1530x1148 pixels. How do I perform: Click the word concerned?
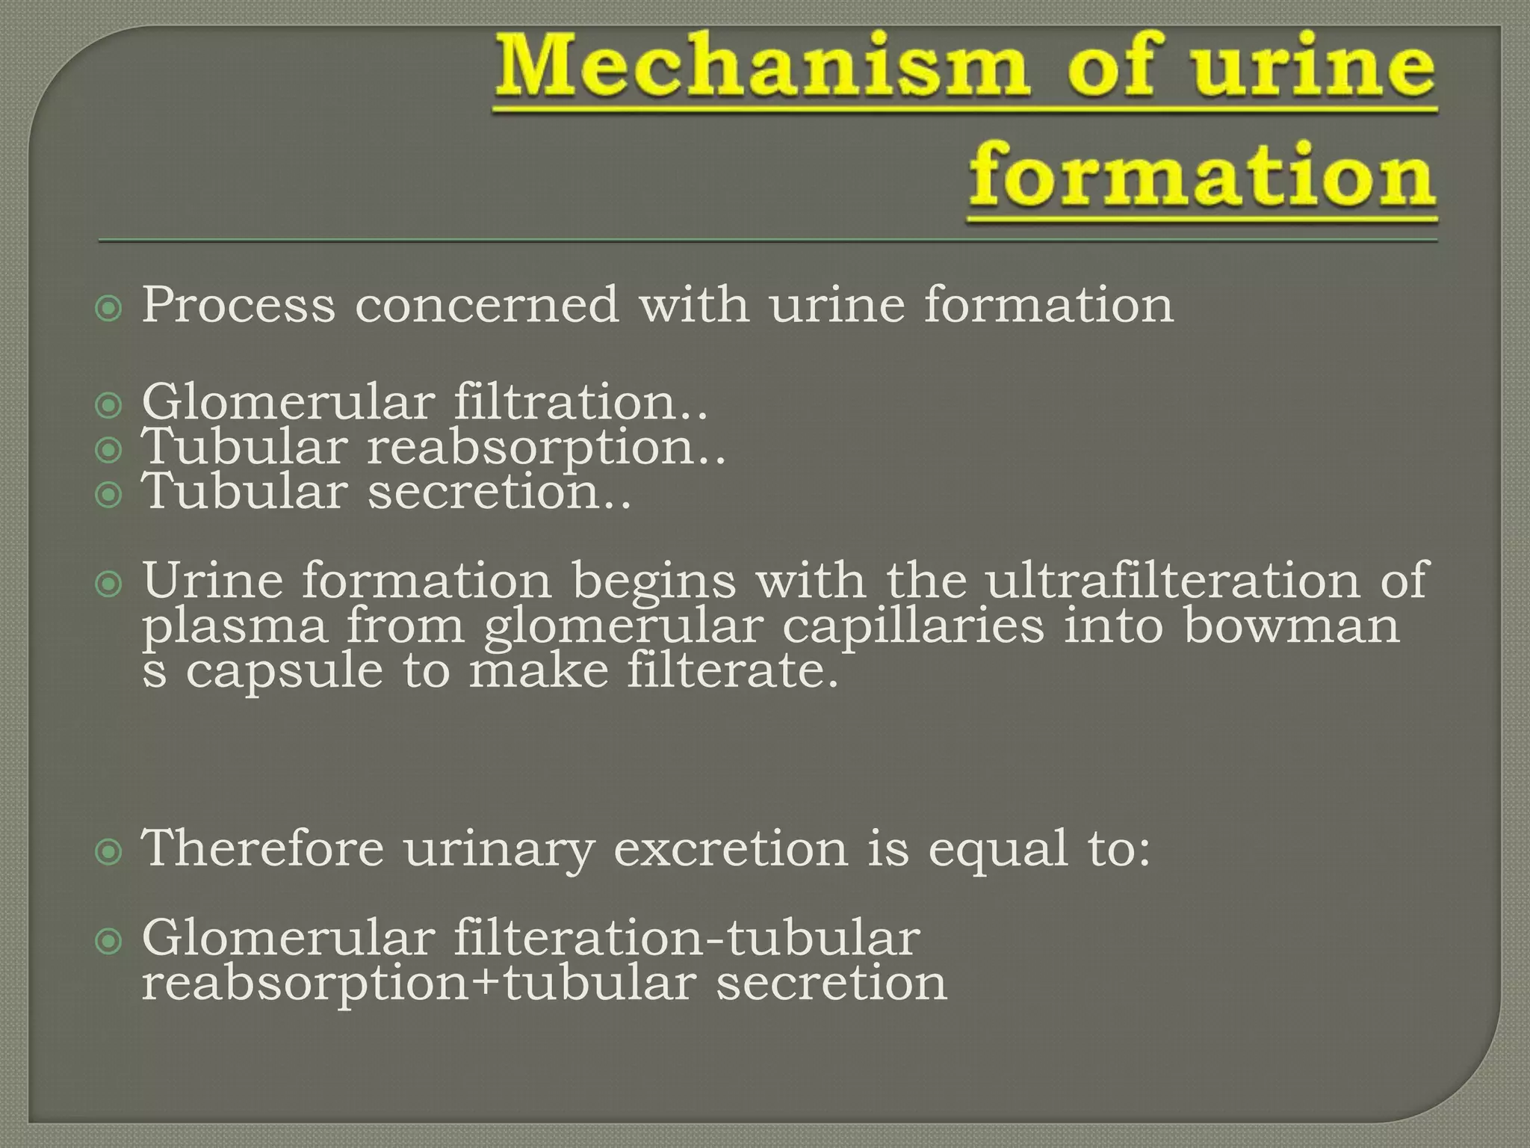pyautogui.click(x=487, y=306)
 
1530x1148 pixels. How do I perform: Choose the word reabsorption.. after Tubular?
pyautogui.click(x=546, y=448)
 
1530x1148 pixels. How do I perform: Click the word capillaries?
pyautogui.click(x=913, y=626)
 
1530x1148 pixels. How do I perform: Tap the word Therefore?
pyautogui.click(x=263, y=849)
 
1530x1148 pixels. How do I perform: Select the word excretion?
pyautogui.click(x=731, y=849)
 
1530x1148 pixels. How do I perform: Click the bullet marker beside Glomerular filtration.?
pyautogui.click(x=109, y=406)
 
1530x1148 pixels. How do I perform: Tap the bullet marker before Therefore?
pyautogui.click(x=109, y=852)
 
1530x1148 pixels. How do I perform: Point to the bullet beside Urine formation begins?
pyautogui.click(x=109, y=584)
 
